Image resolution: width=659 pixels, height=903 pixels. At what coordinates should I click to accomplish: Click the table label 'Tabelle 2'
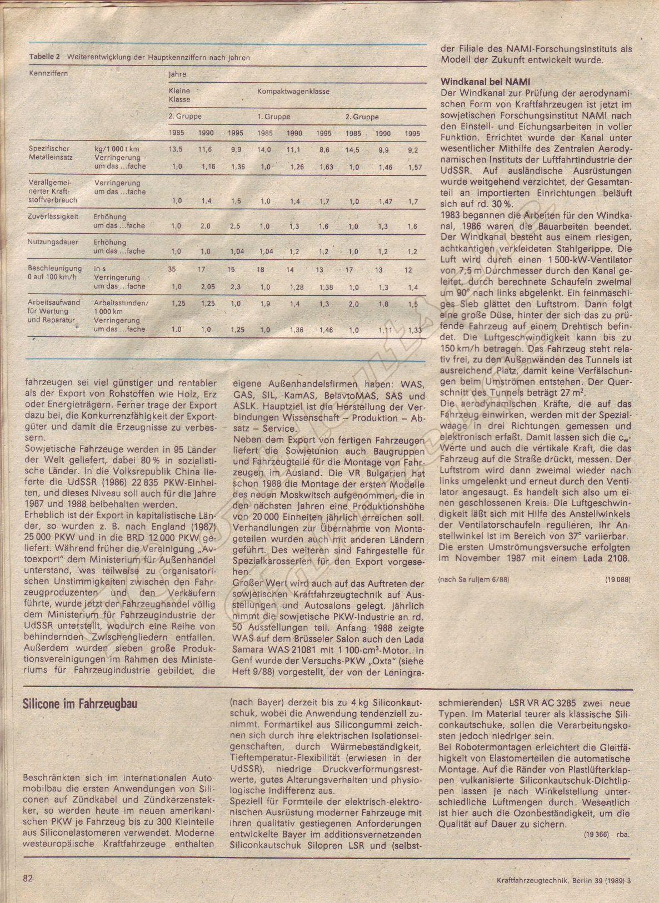tap(45, 58)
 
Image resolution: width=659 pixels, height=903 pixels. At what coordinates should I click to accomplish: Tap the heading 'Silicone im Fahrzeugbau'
tap(79, 704)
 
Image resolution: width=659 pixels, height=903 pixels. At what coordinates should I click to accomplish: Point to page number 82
tap(28, 879)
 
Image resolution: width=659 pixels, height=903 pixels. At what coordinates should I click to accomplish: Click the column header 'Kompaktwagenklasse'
tap(293, 90)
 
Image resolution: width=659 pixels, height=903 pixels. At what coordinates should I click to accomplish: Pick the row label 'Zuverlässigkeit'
tap(52, 217)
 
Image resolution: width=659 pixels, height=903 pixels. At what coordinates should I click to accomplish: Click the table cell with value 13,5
tap(176, 150)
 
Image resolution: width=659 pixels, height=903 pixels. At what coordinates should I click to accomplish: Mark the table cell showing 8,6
tap(324, 150)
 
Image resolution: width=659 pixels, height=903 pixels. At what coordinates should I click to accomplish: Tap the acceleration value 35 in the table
tap(172, 269)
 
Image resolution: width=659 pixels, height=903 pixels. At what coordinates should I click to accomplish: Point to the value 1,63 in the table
tap(326, 167)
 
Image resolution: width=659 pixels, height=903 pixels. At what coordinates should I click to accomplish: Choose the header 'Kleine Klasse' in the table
tap(179, 95)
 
